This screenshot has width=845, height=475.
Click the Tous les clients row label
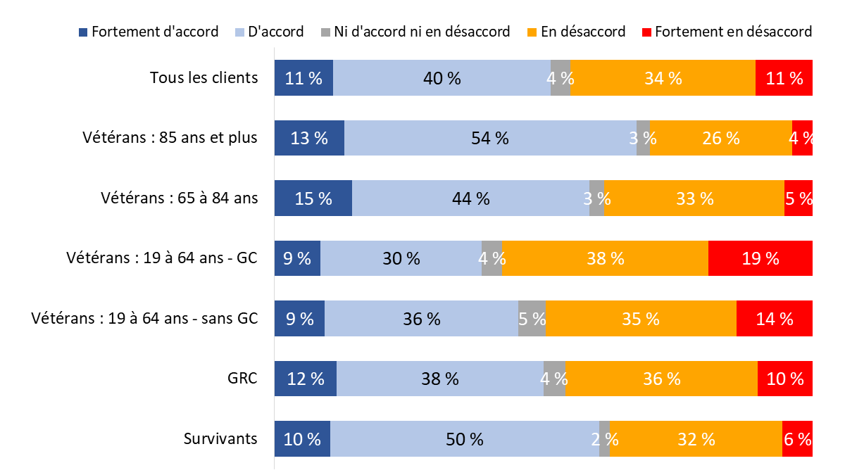click(204, 77)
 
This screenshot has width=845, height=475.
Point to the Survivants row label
click(220, 439)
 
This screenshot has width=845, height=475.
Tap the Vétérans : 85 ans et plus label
click(170, 138)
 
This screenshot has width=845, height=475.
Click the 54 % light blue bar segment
click(490, 138)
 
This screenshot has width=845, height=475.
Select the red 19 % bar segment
click(760, 258)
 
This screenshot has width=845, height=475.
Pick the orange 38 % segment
click(605, 258)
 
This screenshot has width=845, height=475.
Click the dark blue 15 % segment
click(313, 198)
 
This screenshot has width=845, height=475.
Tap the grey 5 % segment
click(532, 319)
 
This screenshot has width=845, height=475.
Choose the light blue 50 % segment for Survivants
click(464, 439)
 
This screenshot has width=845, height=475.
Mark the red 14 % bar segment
click(774, 319)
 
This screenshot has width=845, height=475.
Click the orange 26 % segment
click(720, 138)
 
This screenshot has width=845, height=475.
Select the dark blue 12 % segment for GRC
click(305, 379)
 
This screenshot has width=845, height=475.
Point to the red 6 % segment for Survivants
click(796, 439)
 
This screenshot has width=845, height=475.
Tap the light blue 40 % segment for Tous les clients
click(442, 77)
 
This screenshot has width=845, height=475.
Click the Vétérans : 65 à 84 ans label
click(180, 198)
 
